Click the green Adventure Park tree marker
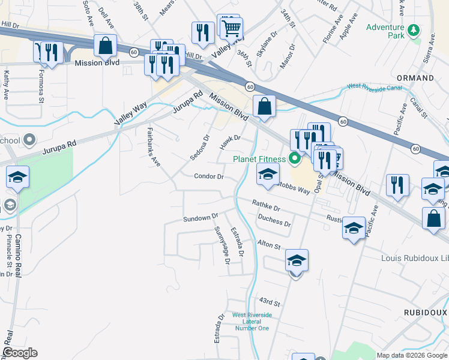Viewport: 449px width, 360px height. [413, 30]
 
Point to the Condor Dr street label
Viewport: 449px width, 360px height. [209, 176]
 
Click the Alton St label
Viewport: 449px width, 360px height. [269, 245]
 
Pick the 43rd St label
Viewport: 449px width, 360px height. [270, 301]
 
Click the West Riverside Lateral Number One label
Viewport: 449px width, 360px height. [252, 322]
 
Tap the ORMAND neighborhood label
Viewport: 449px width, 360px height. [415, 79]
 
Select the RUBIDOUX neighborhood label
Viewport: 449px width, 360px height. [426, 313]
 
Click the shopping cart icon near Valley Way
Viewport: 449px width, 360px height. [231, 28]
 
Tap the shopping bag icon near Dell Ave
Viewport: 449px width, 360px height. [106, 46]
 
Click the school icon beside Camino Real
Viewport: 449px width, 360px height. [18, 178]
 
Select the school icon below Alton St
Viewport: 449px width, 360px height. [297, 261]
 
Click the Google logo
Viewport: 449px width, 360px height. [20, 353]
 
